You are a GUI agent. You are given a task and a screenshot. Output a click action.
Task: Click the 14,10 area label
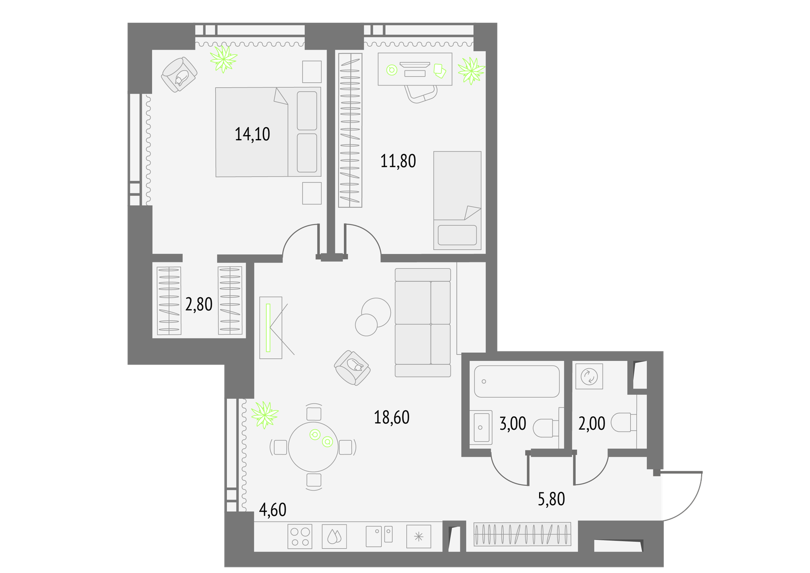click(x=253, y=134)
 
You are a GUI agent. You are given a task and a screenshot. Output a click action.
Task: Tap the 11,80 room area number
click(x=398, y=161)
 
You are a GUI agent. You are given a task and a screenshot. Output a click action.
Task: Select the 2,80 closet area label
click(x=198, y=304)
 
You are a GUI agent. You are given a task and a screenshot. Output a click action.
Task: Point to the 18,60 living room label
click(x=392, y=417)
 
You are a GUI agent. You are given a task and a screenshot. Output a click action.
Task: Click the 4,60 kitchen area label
click(x=273, y=510)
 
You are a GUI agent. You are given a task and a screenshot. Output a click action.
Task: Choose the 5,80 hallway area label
click(x=551, y=499)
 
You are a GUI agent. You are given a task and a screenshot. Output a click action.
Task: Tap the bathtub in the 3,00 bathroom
click(x=517, y=381)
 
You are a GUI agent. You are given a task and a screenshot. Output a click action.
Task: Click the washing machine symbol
click(x=589, y=376)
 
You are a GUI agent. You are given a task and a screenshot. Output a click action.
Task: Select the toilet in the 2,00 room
click(x=624, y=423)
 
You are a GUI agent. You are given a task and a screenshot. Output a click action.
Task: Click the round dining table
click(x=313, y=447)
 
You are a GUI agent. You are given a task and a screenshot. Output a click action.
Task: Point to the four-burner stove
click(x=300, y=537)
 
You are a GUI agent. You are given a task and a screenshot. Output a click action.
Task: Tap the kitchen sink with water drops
click(x=334, y=537)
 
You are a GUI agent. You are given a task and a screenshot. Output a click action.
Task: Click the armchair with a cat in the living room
click(x=352, y=367)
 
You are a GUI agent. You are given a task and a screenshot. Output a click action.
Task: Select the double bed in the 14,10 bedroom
click(x=268, y=132)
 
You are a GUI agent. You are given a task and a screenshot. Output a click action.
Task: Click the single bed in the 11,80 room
click(x=457, y=201)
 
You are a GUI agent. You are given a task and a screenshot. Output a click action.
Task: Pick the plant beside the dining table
click(x=265, y=415)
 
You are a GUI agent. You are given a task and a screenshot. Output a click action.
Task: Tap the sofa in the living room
click(x=423, y=323)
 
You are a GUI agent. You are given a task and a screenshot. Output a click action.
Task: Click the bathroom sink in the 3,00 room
click(x=480, y=428)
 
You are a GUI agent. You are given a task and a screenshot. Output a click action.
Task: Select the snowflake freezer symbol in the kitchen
click(x=418, y=537)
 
